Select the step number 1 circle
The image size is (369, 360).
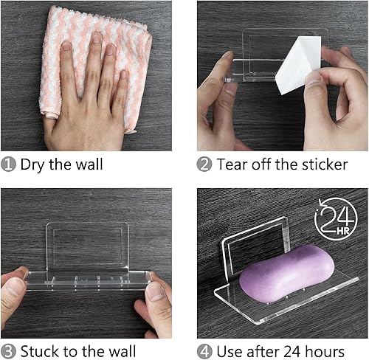9,165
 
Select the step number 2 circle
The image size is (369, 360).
204,165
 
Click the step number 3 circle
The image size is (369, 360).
9,350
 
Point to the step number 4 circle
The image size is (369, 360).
204,350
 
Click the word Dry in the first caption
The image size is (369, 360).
34,165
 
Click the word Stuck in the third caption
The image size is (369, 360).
41,350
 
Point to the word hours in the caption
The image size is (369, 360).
322,350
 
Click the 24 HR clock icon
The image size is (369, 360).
335,219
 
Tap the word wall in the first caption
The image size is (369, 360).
88,165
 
